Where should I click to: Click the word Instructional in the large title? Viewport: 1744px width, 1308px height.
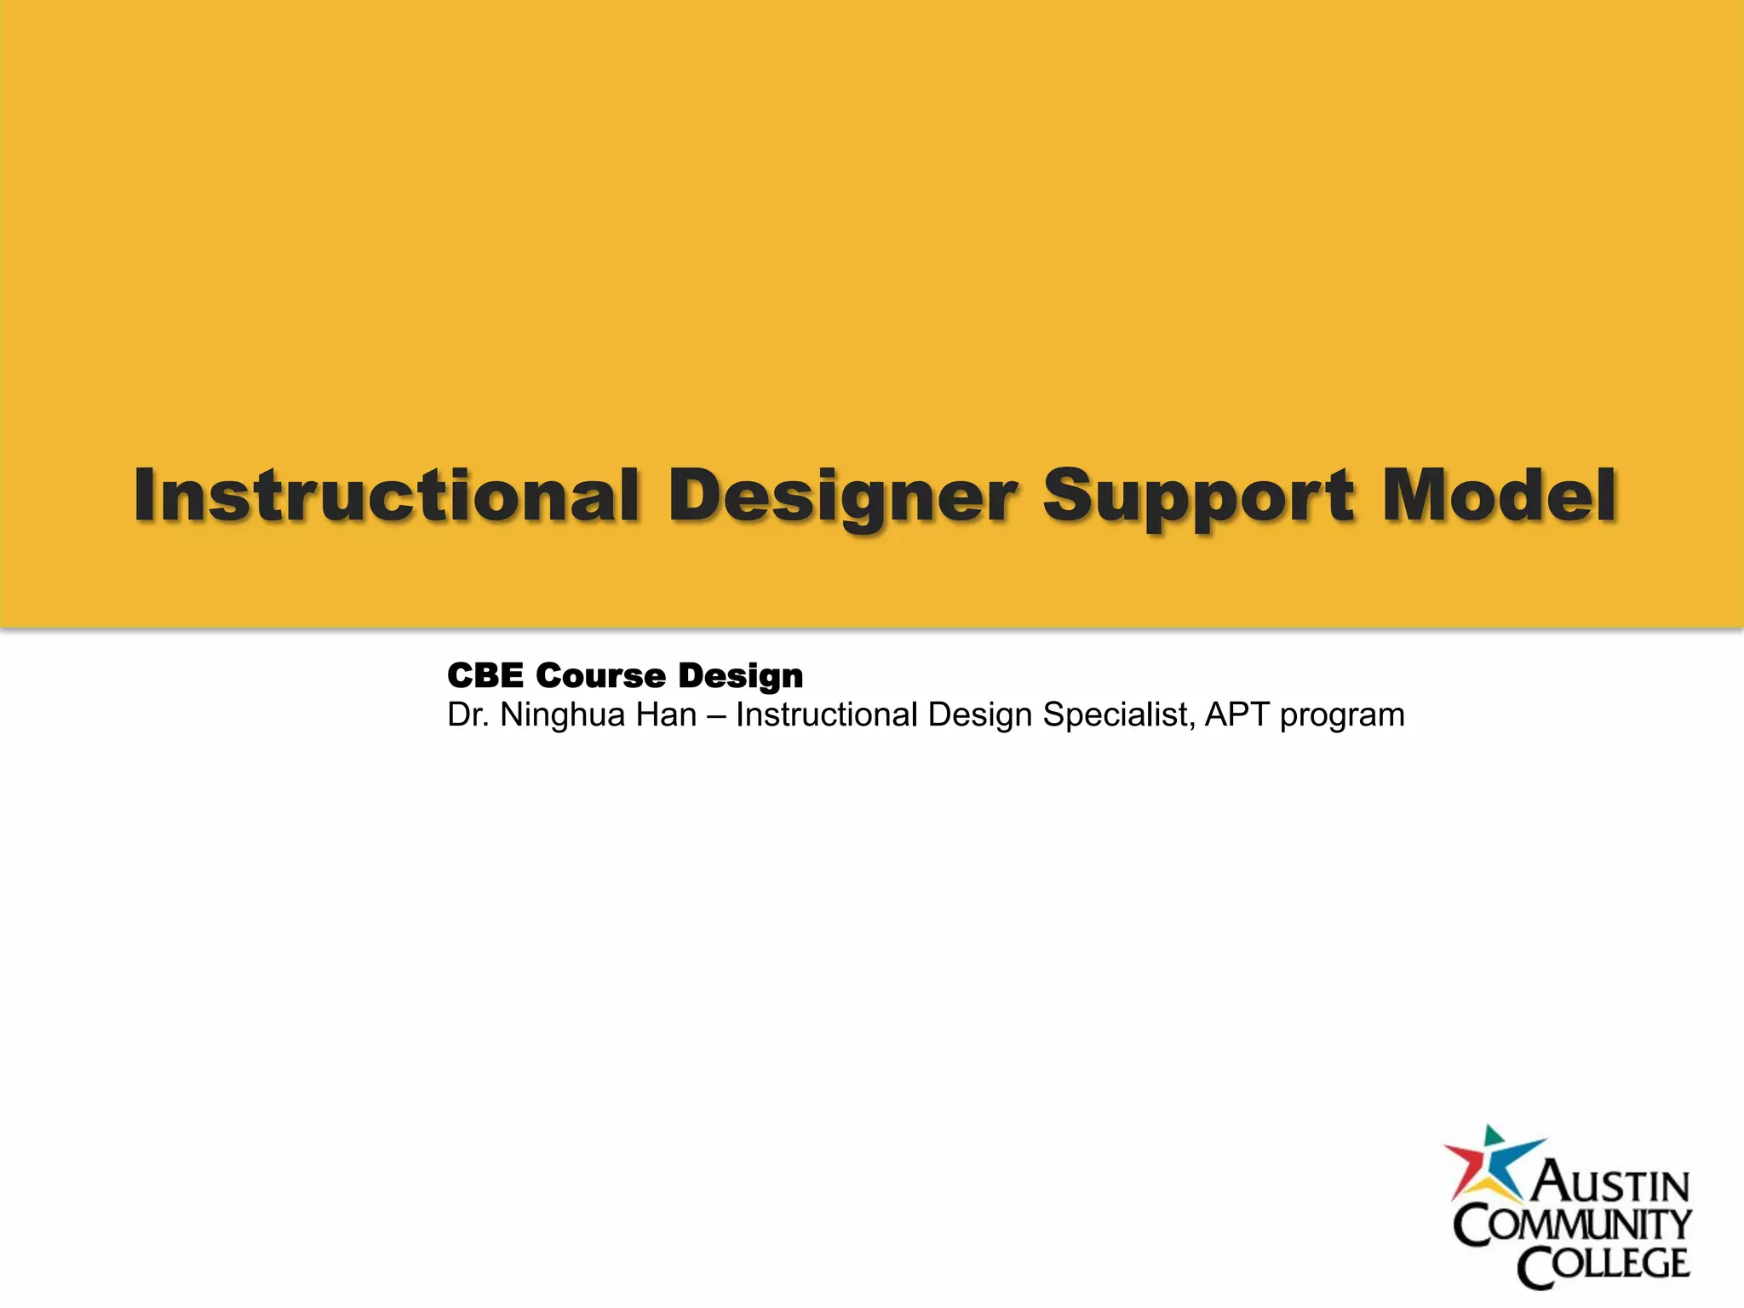click(386, 496)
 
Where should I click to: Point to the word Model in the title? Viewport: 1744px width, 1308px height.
click(1499, 496)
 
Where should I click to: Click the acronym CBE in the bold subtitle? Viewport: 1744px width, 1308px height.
click(485, 676)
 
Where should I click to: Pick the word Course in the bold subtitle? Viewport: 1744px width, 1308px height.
click(600, 676)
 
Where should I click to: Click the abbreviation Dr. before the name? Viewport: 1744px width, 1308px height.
click(468, 715)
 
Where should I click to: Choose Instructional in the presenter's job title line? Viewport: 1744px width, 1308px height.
click(827, 715)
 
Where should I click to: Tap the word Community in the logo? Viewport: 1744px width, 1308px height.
click(1572, 1225)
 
